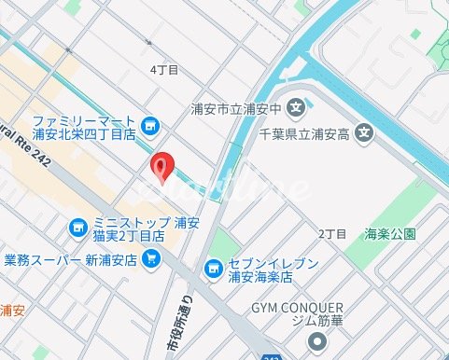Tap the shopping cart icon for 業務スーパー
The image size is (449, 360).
pos(151,258)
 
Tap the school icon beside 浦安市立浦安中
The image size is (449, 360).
pos(296,106)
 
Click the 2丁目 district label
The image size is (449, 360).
pos(332,232)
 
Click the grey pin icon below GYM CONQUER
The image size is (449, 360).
pos(318,341)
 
